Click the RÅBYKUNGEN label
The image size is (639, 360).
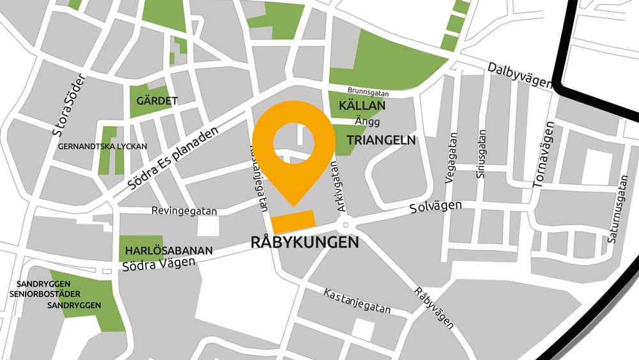pyautogui.click(x=304, y=243)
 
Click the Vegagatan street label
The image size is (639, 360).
pyautogui.click(x=452, y=159)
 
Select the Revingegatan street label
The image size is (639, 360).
pyautogui.click(x=184, y=210)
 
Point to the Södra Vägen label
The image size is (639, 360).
pyautogui.click(x=158, y=264)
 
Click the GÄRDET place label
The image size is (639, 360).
pyautogui.click(x=157, y=101)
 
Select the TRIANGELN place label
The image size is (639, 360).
pyautogui.click(x=381, y=139)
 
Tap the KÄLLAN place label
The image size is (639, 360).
pyautogui.click(x=362, y=106)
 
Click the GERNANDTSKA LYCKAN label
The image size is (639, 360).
pyautogui.click(x=103, y=146)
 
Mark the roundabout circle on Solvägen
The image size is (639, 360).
pyautogui.click(x=345, y=224)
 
